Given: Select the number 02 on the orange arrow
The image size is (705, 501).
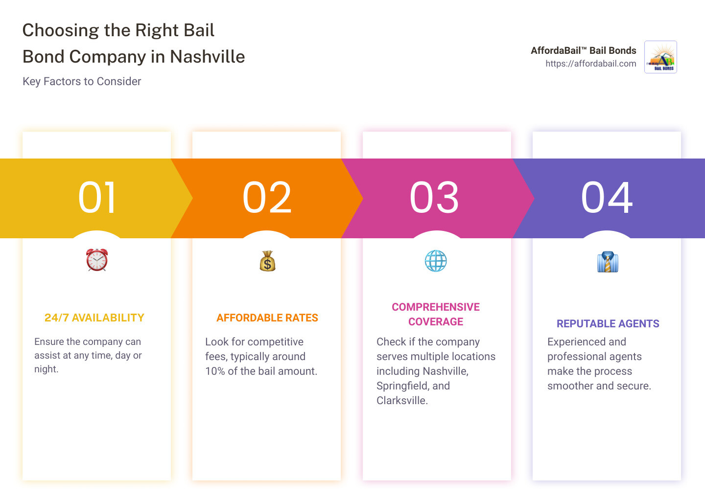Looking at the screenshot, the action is pyautogui.click(x=267, y=198).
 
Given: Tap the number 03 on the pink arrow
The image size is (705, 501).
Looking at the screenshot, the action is pyautogui.click(x=434, y=198).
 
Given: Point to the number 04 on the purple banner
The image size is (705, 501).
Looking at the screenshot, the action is pyautogui.click(x=607, y=198).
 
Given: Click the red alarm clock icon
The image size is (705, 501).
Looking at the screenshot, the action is pyautogui.click(x=97, y=260).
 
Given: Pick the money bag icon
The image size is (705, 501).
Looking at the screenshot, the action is pyautogui.click(x=267, y=261).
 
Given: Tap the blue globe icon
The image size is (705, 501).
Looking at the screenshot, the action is pyautogui.click(x=436, y=261).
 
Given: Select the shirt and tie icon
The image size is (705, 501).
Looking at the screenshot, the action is pyautogui.click(x=608, y=261).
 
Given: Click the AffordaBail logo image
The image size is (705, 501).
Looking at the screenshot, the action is pyautogui.click(x=660, y=57).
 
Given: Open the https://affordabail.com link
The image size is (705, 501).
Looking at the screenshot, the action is pyautogui.click(x=591, y=64).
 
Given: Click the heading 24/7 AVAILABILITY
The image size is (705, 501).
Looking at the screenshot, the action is pyautogui.click(x=94, y=318).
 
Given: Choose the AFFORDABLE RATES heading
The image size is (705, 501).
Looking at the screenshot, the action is pyautogui.click(x=267, y=318).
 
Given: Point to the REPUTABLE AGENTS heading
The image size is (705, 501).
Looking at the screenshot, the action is pyautogui.click(x=608, y=323).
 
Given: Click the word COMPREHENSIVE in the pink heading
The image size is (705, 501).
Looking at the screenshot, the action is pyautogui.click(x=436, y=307).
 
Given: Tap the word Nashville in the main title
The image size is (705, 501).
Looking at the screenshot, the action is pyautogui.click(x=207, y=57).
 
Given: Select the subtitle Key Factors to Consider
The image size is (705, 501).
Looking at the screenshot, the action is pyautogui.click(x=82, y=81).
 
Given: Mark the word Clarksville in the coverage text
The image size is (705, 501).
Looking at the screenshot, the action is pyautogui.click(x=402, y=400).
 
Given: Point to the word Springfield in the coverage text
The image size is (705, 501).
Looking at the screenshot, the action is pyautogui.click(x=401, y=386).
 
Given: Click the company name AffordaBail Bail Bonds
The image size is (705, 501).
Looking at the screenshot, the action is pyautogui.click(x=583, y=50).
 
